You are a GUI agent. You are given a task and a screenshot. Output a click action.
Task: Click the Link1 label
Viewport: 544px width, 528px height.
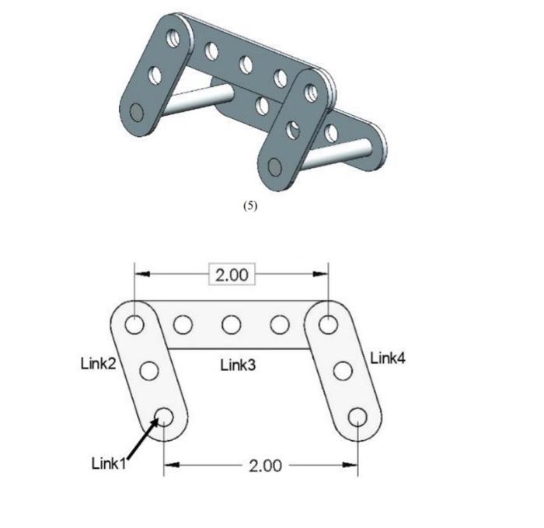pyautogui.click(x=108, y=463)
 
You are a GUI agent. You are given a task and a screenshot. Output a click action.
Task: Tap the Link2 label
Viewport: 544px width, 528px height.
pyautogui.click(x=98, y=362)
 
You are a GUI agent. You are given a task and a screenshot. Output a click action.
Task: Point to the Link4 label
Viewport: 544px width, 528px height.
pyautogui.click(x=387, y=358)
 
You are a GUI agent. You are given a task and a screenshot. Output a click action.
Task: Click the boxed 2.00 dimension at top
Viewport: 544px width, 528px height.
pyautogui.click(x=231, y=275)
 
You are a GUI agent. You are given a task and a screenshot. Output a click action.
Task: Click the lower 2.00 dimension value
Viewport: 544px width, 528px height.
pyautogui.click(x=265, y=466)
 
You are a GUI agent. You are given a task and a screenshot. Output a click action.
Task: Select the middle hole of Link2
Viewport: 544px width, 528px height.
pyautogui.click(x=150, y=370)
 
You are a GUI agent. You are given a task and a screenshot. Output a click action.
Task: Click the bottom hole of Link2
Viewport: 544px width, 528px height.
pyautogui.click(x=165, y=416)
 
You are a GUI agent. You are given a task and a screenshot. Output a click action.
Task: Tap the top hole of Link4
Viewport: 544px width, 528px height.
pyautogui.click(x=329, y=323)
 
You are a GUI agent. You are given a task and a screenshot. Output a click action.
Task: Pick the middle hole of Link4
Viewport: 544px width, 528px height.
pyautogui.click(x=343, y=370)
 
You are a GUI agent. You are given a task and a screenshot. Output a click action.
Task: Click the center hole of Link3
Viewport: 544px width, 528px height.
pyautogui.click(x=231, y=323)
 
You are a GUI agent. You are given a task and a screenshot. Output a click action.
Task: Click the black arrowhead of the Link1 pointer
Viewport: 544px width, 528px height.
pyautogui.click(x=161, y=423)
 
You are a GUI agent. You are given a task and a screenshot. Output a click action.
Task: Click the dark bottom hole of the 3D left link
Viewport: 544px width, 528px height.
pyautogui.click(x=137, y=113)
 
